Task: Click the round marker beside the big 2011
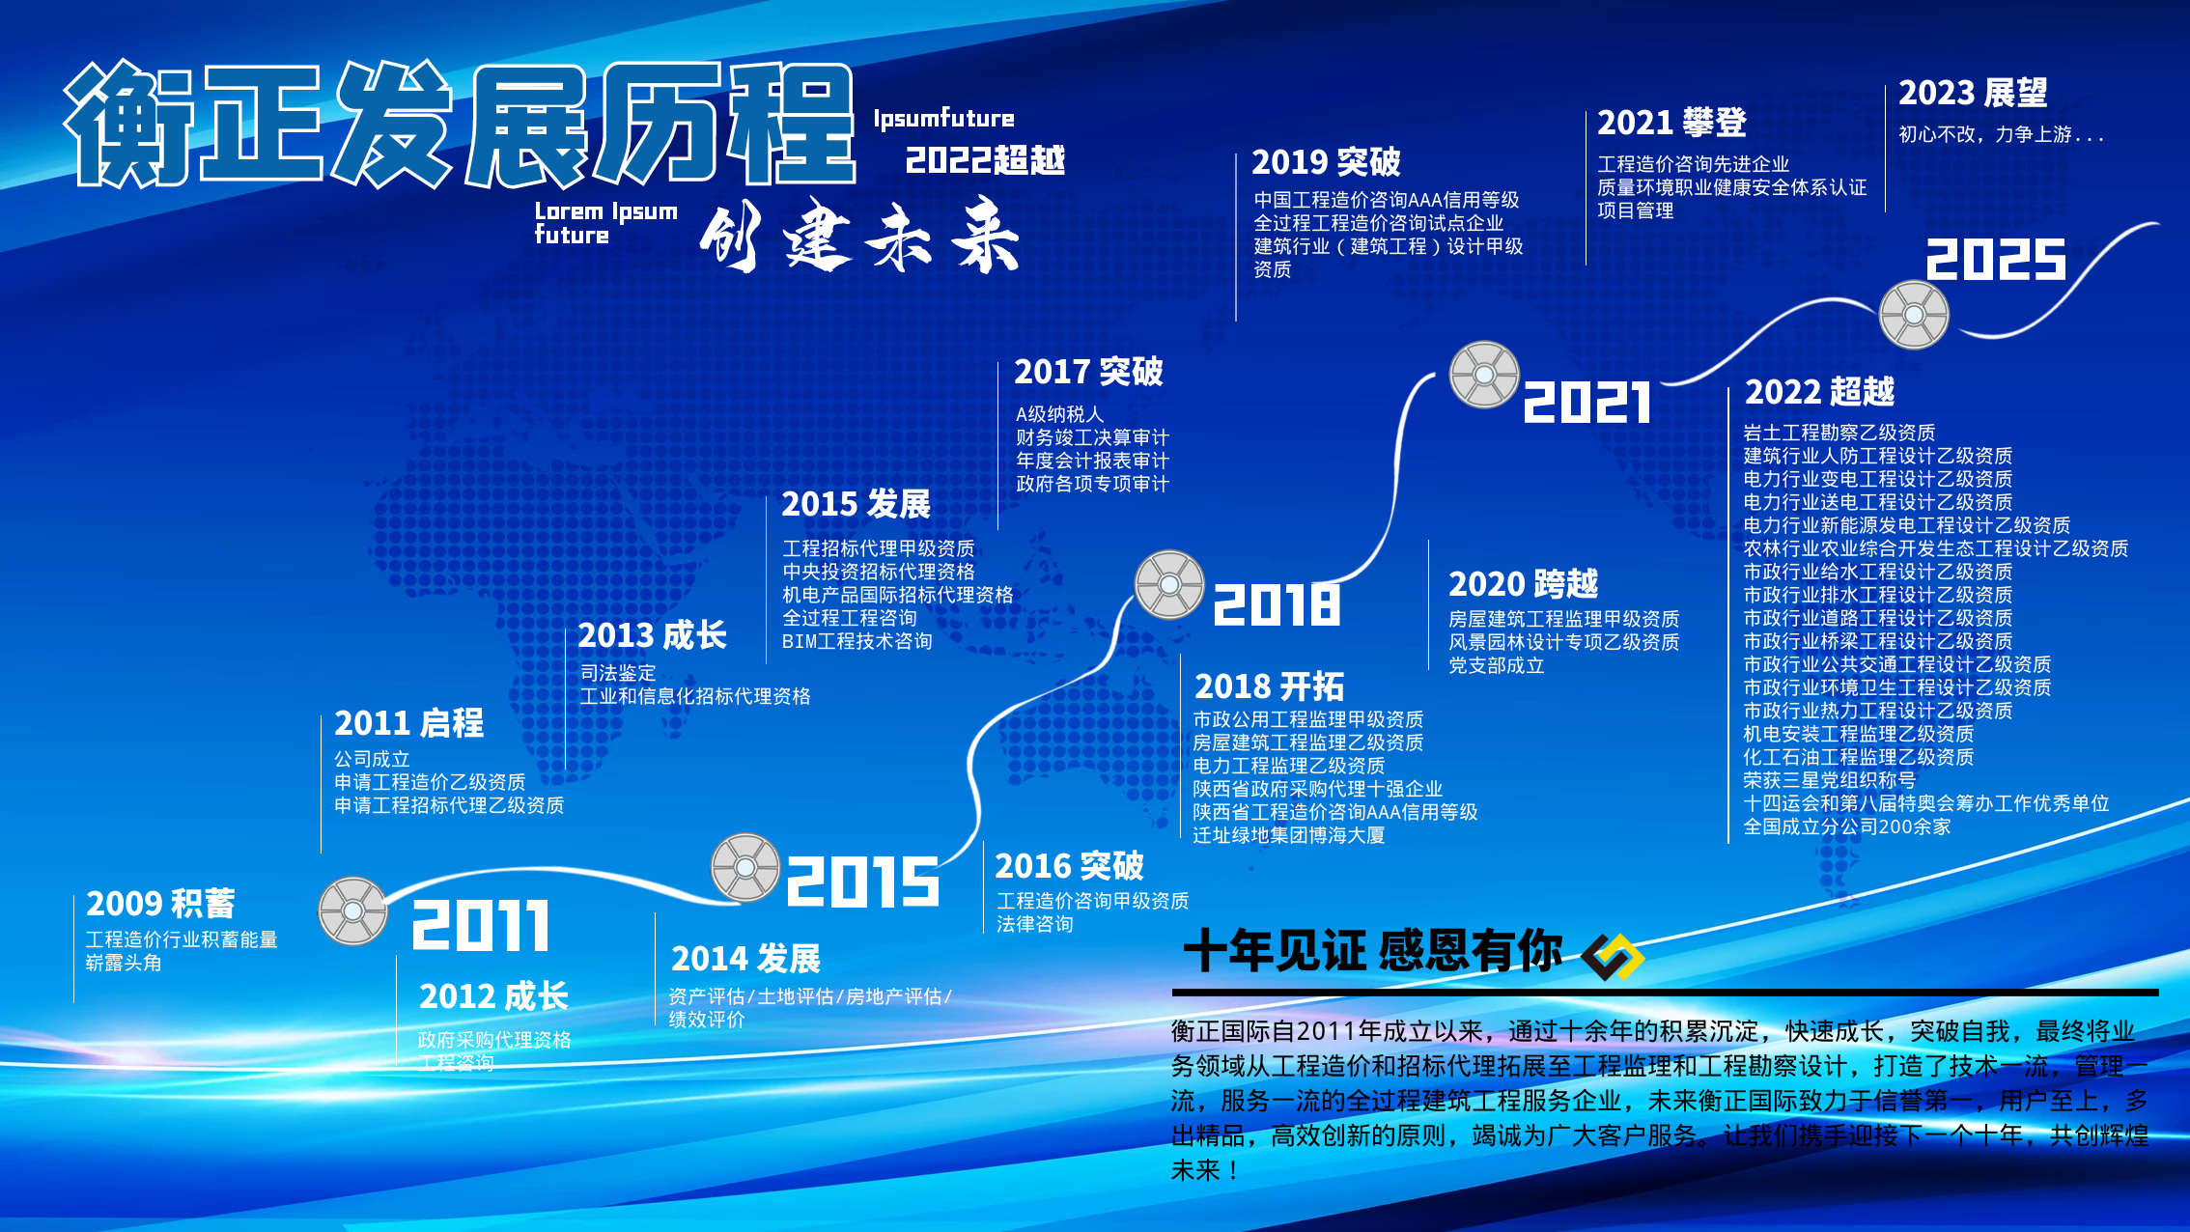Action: (352, 910)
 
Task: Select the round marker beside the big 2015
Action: (745, 867)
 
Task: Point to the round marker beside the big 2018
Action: (1169, 584)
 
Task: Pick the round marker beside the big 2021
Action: (1484, 375)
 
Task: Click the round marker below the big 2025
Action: (1914, 315)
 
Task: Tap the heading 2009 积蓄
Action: (160, 904)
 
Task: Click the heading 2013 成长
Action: (652, 635)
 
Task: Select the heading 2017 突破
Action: (1088, 372)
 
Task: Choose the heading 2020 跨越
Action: (1523, 584)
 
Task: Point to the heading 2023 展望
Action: (1973, 93)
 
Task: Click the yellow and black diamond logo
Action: (1613, 957)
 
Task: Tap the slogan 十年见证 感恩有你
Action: (1372, 951)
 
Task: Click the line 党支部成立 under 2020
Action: (1496, 665)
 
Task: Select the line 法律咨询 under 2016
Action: (1034, 924)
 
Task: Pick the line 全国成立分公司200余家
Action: (1846, 826)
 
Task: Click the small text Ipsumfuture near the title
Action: (943, 119)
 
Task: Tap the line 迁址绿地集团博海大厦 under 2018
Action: (1288, 835)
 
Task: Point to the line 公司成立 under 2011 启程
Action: (372, 759)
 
